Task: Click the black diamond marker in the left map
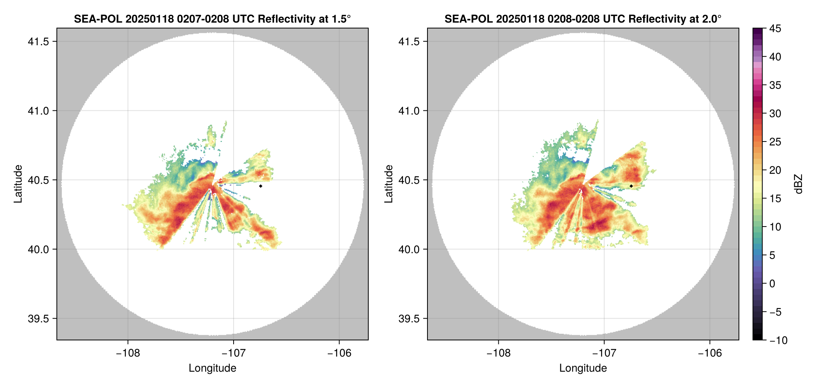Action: pos(260,186)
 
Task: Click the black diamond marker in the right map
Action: pos(631,186)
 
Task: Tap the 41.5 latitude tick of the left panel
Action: pos(39,41)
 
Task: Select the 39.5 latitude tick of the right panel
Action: pos(409,319)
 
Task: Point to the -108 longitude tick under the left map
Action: pos(128,353)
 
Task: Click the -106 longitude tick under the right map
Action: pos(710,353)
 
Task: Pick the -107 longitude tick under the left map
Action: pos(233,353)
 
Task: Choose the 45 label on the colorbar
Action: pos(775,28)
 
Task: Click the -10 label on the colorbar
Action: pos(778,340)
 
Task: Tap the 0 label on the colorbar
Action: pos(772,283)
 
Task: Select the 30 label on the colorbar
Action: pos(775,113)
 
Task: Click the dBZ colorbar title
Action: pos(798,184)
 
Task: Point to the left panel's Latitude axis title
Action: pos(18,184)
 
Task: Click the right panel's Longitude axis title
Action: pos(583,368)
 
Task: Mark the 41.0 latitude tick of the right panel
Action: pos(409,111)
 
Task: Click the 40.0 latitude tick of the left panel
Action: pos(39,249)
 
